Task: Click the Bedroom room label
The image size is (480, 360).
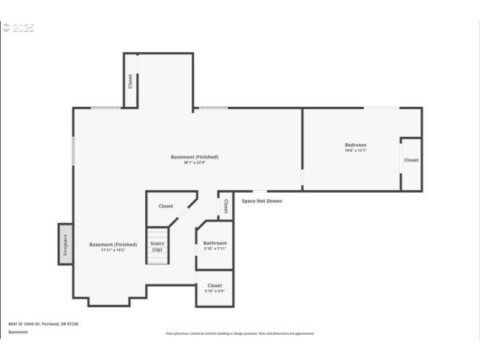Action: tap(355, 145)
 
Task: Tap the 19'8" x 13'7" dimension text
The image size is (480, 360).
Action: tap(355, 151)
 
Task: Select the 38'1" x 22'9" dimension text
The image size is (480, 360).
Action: tap(194, 163)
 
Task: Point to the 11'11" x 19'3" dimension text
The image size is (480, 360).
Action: tap(113, 250)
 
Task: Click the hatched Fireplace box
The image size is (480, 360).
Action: tap(65, 244)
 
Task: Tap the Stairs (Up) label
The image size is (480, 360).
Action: tap(157, 246)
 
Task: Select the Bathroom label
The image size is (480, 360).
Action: tap(215, 243)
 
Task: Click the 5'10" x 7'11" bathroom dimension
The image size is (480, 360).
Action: tap(215, 248)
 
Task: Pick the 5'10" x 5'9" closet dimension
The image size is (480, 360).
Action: tap(214, 291)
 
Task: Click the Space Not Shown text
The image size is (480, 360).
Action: tap(262, 201)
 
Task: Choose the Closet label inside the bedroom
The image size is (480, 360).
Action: tap(411, 160)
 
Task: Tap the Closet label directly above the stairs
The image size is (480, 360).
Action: tap(166, 206)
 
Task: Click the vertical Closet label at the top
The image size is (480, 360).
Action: tap(130, 81)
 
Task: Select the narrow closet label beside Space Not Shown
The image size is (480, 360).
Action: tap(226, 206)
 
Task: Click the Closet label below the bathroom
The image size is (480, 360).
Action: tap(214, 286)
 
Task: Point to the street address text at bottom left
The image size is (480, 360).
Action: tap(43, 324)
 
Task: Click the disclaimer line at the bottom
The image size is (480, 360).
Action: tap(240, 334)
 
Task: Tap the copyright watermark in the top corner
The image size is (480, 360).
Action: tap(18, 28)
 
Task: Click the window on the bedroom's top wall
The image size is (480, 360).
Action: tap(382, 108)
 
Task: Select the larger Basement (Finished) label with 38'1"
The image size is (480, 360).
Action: tap(194, 157)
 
